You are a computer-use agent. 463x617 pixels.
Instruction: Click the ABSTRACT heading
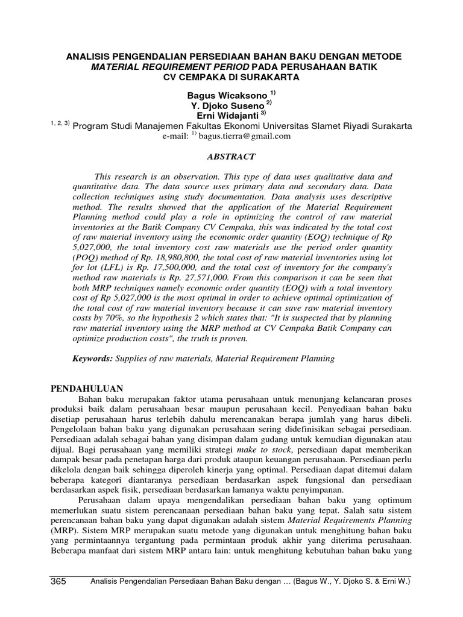(x=231, y=157)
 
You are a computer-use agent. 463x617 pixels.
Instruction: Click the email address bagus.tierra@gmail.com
(x=245, y=136)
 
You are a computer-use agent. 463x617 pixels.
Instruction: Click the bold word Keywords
(x=93, y=359)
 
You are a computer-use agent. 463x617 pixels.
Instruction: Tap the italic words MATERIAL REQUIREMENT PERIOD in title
(x=169, y=67)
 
